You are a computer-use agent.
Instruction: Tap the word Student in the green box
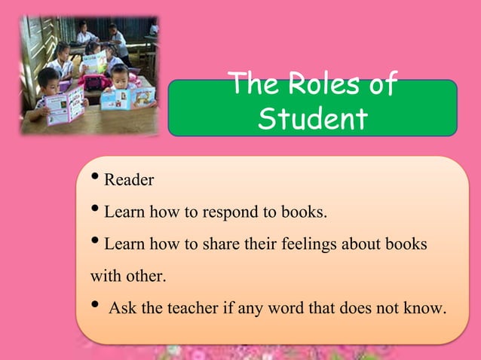[x=313, y=118]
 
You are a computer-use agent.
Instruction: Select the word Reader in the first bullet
[x=129, y=180]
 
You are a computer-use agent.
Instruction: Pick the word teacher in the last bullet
[x=186, y=308]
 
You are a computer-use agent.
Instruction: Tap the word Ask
[x=122, y=308]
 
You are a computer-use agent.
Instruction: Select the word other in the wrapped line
[x=146, y=276]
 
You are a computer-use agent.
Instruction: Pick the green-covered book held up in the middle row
[x=94, y=63]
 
